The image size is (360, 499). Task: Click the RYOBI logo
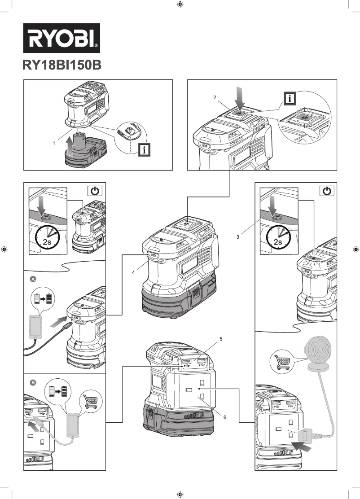click(x=61, y=38)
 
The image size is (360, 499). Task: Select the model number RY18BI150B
click(x=61, y=66)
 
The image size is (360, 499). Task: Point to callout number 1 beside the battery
click(x=54, y=143)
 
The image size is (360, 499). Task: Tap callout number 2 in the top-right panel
click(x=215, y=97)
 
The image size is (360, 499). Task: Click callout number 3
click(x=237, y=235)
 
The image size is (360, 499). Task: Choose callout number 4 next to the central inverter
click(x=133, y=272)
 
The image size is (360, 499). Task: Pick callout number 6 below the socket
click(x=224, y=417)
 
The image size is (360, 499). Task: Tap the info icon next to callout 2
click(x=291, y=98)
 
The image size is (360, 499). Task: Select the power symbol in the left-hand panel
click(x=94, y=191)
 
